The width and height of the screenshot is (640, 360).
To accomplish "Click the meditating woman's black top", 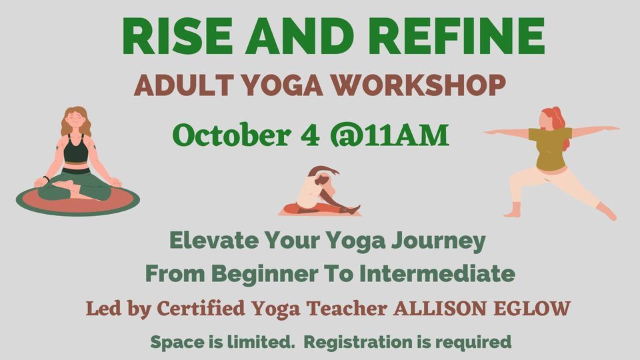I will coord(77,150).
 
